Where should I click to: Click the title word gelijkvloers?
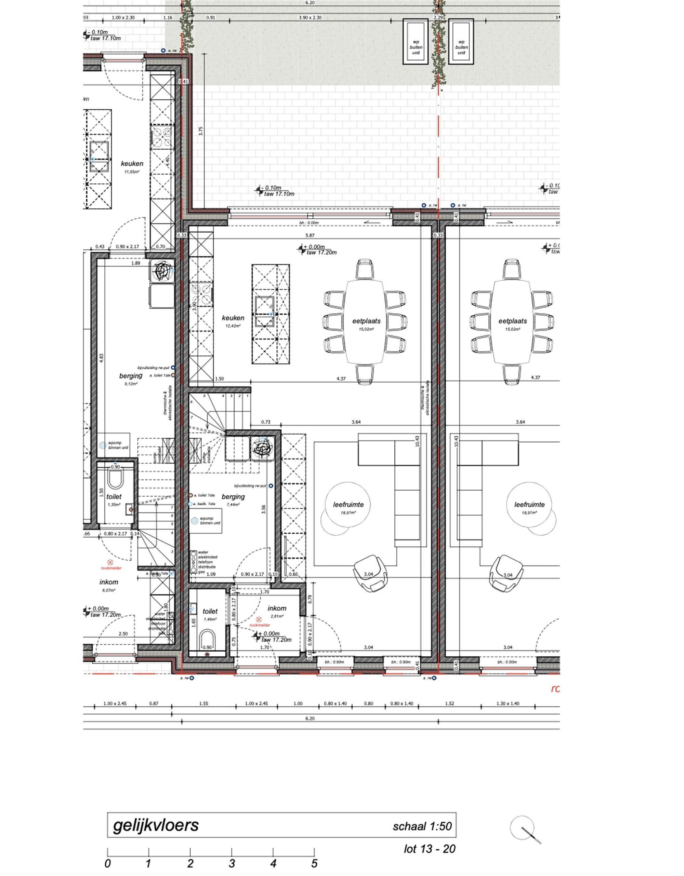coord(156,825)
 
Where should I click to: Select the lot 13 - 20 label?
coord(430,849)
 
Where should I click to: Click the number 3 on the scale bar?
coord(232,863)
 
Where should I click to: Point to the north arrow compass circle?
coord(522,827)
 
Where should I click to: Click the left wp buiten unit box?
coord(416,41)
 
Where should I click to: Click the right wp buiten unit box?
coord(461,41)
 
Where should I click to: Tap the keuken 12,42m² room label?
coord(233,321)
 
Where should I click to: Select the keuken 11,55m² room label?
coord(132,166)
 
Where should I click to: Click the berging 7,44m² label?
coord(233,500)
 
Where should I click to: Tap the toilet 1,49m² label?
coord(210,614)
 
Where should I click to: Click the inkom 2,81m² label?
coord(277,611)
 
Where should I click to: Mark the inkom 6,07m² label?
coord(109,585)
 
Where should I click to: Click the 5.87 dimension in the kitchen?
coord(310,236)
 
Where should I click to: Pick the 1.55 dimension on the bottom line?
coord(203,703)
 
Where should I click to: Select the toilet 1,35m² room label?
coord(114,499)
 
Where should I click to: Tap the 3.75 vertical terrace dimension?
coord(201,131)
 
